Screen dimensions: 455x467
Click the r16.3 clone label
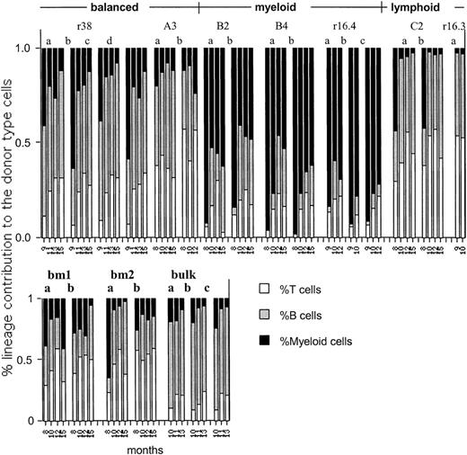[454, 28]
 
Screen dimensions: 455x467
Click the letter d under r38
[108, 40]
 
